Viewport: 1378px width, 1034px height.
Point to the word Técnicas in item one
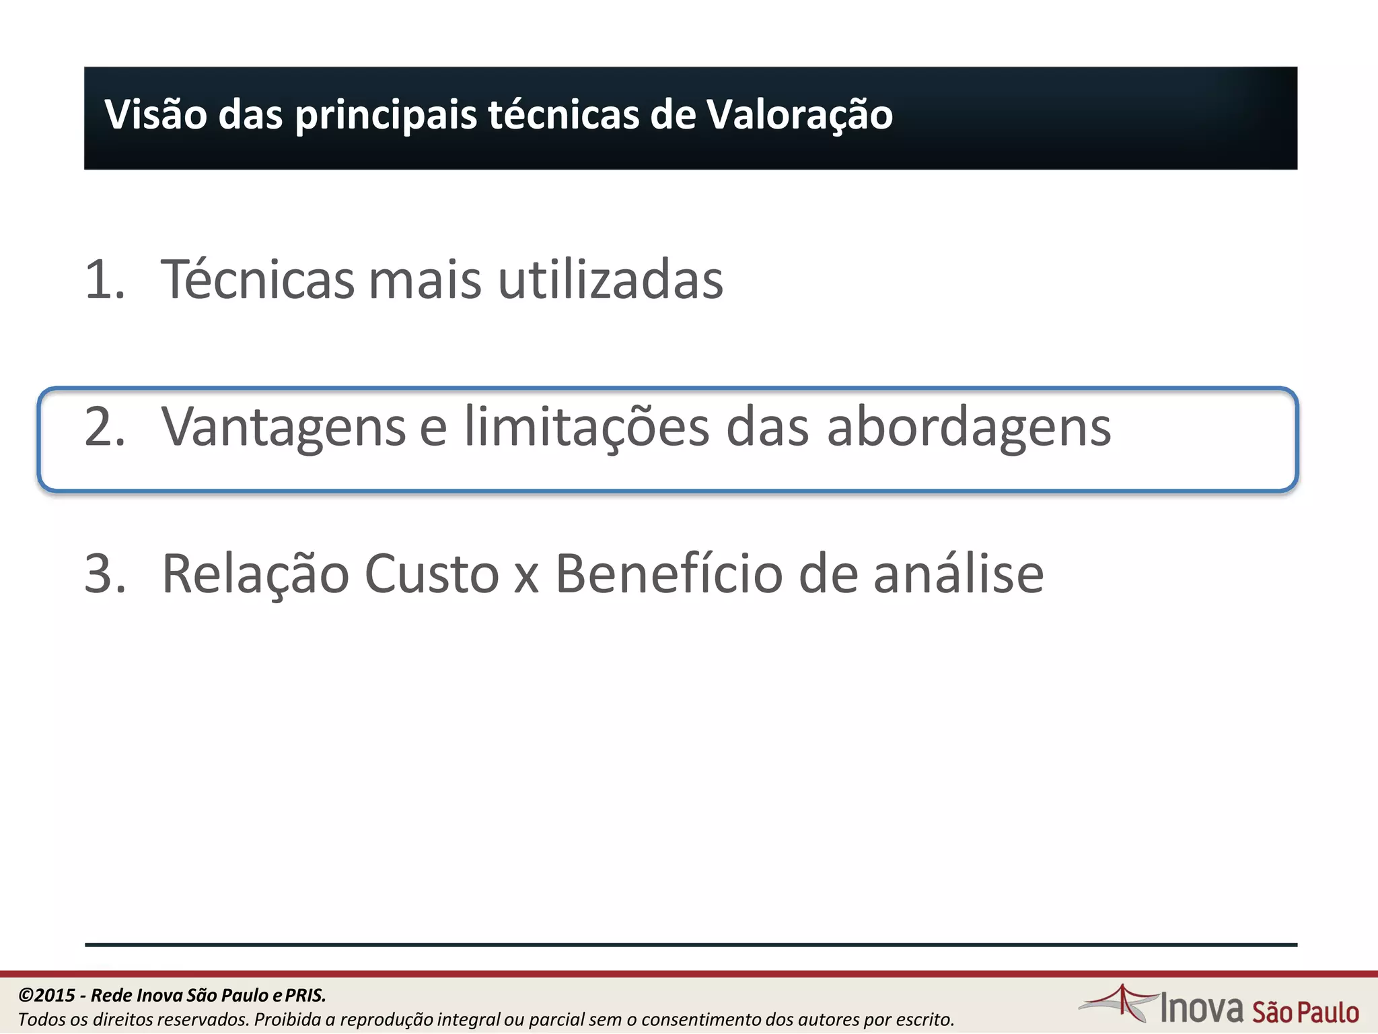pos(257,279)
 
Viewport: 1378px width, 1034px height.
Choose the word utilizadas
pos(610,279)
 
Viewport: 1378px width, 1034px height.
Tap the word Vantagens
pos(283,427)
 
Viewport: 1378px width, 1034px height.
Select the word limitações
pos(586,427)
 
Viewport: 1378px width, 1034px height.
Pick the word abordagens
pos(968,428)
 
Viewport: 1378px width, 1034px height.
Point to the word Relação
pos(255,574)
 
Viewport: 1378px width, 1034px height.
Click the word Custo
pos(431,574)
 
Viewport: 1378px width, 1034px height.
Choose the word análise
pos(958,574)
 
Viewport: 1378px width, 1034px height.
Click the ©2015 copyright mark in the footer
pos(46,995)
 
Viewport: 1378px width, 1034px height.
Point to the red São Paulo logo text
pos(1305,1012)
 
